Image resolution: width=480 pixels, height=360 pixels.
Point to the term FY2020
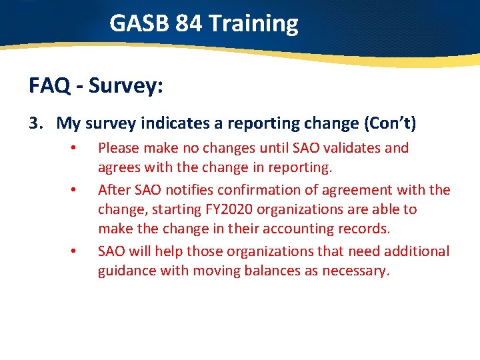pos(229,209)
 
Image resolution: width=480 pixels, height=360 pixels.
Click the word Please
pos(118,148)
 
